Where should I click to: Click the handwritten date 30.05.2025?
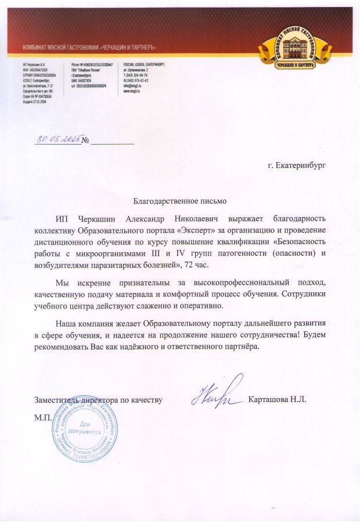(57, 139)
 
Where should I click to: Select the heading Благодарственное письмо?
(179, 201)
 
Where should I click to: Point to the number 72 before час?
(185, 264)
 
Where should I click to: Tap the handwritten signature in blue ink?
(218, 392)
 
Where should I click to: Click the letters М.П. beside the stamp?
(43, 417)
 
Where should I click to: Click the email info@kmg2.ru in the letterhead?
(132, 86)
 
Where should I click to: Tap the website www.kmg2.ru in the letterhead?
(131, 91)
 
